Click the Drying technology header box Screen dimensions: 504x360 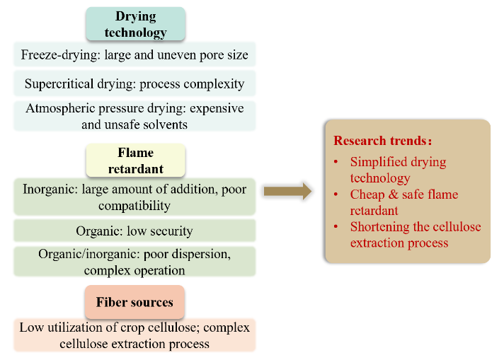[135, 24]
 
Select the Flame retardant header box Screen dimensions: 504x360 [135, 161]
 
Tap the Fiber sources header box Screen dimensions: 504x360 [134, 302]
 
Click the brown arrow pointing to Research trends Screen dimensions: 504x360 [287, 191]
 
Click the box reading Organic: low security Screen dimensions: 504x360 [134, 231]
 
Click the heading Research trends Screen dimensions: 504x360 [382, 141]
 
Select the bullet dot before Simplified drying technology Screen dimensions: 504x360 [336, 161]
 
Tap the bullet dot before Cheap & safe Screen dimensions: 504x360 [336, 194]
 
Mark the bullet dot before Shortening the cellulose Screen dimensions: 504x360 [336, 226]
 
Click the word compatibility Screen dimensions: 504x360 [134, 206]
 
